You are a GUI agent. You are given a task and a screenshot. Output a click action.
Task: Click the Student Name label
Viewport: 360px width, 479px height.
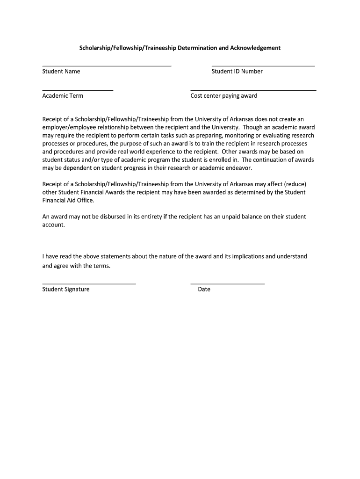click(61, 72)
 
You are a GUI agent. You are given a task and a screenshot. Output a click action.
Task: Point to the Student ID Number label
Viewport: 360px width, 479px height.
click(237, 72)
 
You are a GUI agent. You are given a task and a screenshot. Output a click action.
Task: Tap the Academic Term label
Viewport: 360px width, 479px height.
click(63, 96)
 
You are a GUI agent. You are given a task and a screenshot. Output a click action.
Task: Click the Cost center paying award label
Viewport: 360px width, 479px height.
click(224, 96)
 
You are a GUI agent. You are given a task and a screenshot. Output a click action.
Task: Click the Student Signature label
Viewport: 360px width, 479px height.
click(66, 289)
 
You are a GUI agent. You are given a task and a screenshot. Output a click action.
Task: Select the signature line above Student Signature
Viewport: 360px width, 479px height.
click(89, 284)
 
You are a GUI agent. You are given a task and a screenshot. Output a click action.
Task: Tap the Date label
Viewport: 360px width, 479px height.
click(204, 289)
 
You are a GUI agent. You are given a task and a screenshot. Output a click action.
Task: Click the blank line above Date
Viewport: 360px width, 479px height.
click(228, 284)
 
